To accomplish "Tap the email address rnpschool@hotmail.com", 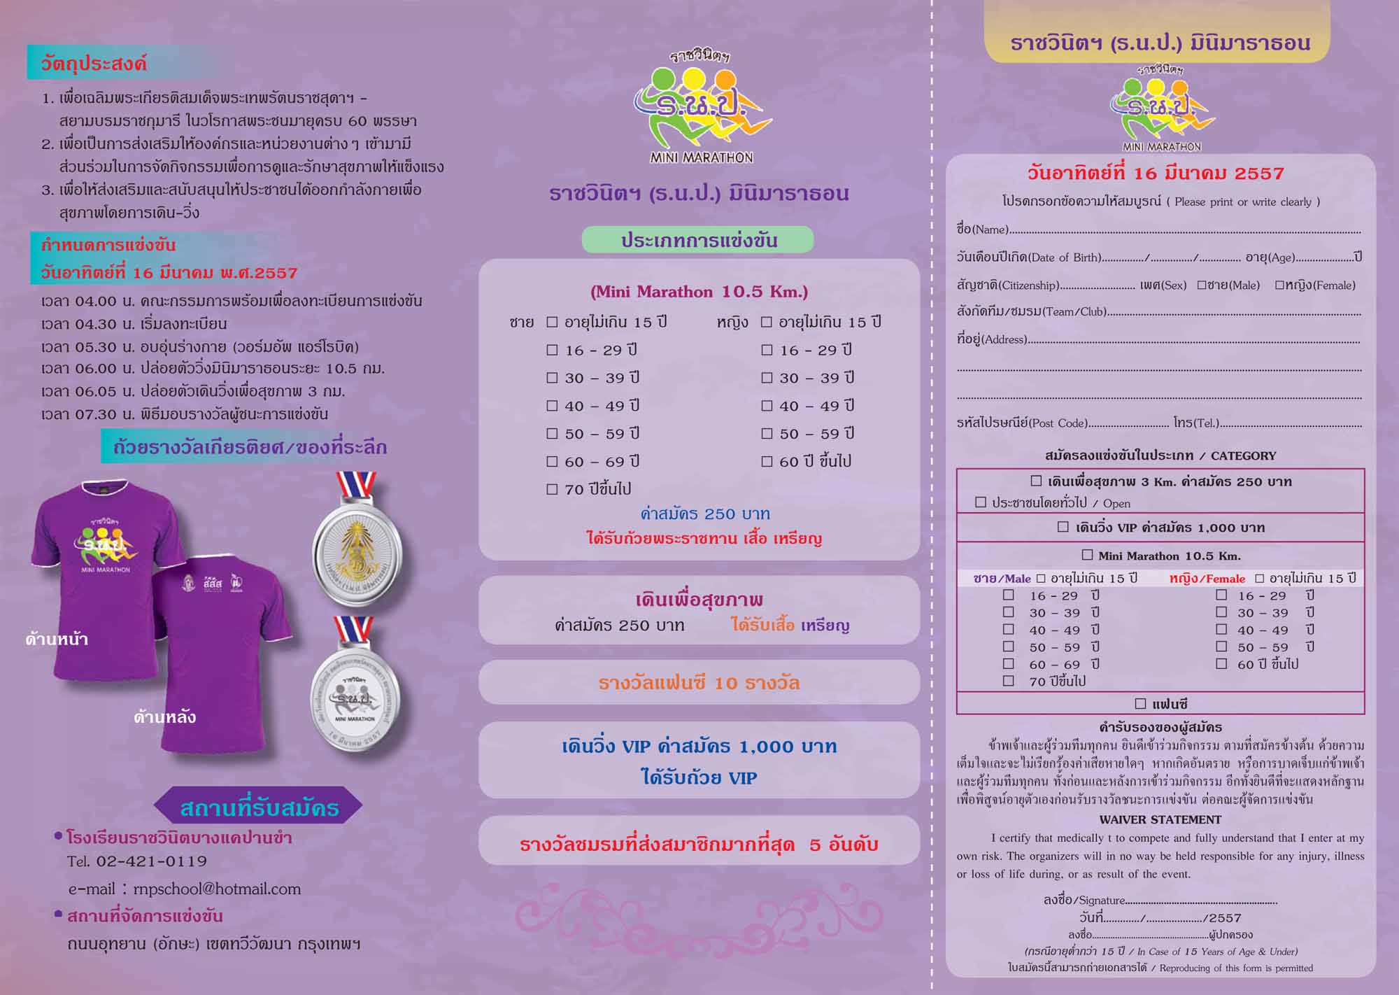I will tap(217, 889).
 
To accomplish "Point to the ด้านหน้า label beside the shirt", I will tap(57, 639).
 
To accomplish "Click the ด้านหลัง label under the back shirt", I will tap(165, 717).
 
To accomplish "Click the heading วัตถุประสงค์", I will tap(94, 64).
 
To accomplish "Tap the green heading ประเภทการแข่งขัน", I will tap(699, 241).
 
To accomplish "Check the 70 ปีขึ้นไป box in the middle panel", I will tap(553, 490).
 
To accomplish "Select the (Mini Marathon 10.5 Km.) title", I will tap(699, 292).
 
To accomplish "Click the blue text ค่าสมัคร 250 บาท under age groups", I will tap(705, 514).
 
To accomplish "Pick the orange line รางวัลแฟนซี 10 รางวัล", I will tap(699, 683).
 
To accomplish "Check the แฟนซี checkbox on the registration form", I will tap(1141, 703).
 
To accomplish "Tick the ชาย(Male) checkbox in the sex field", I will tap(1202, 285).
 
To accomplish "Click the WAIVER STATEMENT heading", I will tap(1160, 819).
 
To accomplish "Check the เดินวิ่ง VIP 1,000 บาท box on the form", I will tap(1063, 527).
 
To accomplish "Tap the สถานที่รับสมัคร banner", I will tap(259, 808).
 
